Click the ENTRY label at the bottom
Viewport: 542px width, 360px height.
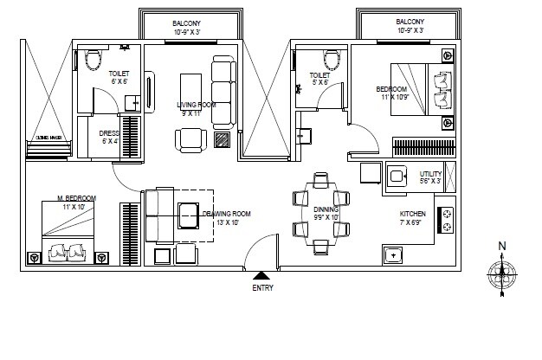(x=262, y=287)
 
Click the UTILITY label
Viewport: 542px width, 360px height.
(x=430, y=177)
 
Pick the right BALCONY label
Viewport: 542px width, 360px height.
(x=410, y=22)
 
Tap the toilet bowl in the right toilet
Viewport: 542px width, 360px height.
(x=329, y=59)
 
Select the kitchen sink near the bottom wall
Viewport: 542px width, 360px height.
(x=394, y=255)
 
